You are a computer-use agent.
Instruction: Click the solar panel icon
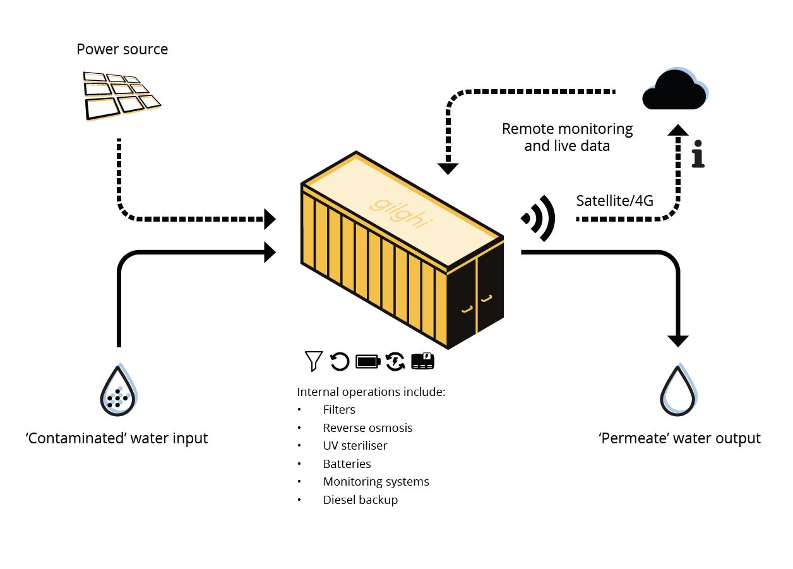pyautogui.click(x=122, y=96)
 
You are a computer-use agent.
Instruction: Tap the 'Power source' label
pyautogui.click(x=122, y=49)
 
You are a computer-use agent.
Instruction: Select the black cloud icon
pyautogui.click(x=675, y=89)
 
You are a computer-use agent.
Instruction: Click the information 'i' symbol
pyautogui.click(x=698, y=153)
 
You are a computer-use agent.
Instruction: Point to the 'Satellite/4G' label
pyautogui.click(x=614, y=201)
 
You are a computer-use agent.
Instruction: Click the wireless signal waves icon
pyautogui.click(x=538, y=218)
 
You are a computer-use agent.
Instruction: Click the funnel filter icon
pyautogui.click(x=314, y=361)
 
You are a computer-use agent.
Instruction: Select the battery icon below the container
pyautogui.click(x=368, y=361)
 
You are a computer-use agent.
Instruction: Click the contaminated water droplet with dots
pyautogui.click(x=119, y=390)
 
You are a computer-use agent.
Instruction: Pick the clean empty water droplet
pyautogui.click(x=679, y=390)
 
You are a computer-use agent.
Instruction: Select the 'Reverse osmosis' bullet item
pyautogui.click(x=367, y=428)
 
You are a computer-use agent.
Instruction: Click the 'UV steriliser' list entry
pyautogui.click(x=355, y=445)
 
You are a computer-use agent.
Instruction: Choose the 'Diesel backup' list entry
pyautogui.click(x=361, y=500)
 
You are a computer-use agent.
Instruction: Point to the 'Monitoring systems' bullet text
pyautogui.click(x=376, y=482)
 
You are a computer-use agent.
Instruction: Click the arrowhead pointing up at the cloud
pyautogui.click(x=678, y=130)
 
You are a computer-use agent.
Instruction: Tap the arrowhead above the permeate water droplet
pyautogui.click(x=678, y=341)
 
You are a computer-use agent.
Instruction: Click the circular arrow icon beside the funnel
pyautogui.click(x=340, y=361)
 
